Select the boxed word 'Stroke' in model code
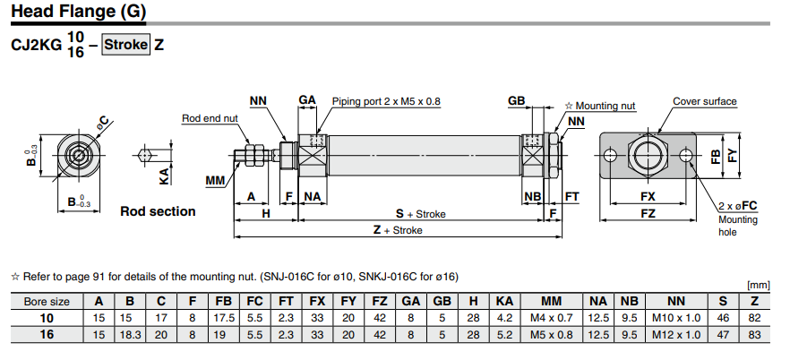[x=125, y=44]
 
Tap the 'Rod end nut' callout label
[x=210, y=118]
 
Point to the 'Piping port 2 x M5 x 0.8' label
[x=386, y=101]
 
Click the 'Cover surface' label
[x=705, y=101]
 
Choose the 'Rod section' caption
[x=158, y=211]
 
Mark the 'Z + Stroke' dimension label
[x=398, y=230]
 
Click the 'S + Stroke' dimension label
[x=421, y=214]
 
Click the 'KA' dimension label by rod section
[x=165, y=176]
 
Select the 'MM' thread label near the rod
[x=215, y=181]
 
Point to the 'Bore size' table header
[x=47, y=302]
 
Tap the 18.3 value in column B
[x=130, y=334]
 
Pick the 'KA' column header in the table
[x=504, y=302]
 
